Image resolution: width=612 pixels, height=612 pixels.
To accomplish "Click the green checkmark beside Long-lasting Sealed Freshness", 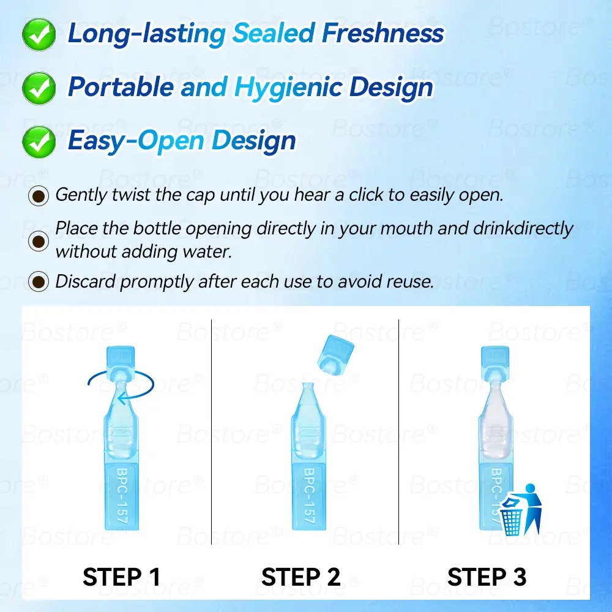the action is click(39, 34).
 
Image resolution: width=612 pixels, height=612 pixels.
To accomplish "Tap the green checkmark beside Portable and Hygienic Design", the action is click(39, 88).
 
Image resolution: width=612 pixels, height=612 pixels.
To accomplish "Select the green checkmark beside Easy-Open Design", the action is click(39, 142).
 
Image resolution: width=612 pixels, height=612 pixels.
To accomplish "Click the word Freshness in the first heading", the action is click(383, 33).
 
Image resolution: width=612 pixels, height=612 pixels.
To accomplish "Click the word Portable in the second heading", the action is click(121, 86).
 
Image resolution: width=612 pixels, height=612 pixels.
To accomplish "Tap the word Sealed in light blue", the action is click(274, 33).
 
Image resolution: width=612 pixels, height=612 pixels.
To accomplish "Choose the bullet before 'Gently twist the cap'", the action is click(39, 196).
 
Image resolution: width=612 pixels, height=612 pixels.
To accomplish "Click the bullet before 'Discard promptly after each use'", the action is click(39, 282).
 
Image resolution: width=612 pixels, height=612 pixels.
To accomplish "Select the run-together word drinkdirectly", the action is click(523, 229).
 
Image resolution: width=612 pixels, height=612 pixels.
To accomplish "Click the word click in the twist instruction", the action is click(366, 195).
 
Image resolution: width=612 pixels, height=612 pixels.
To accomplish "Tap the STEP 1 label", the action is click(121, 577).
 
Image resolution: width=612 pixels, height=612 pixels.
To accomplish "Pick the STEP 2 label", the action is click(301, 577).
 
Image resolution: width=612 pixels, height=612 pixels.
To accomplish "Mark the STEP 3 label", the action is click(487, 577).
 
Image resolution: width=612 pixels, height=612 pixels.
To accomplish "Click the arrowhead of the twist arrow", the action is click(122, 398).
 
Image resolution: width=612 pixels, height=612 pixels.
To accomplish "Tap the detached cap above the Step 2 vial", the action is click(335, 355).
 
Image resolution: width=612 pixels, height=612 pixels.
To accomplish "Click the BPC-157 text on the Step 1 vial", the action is click(122, 496).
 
